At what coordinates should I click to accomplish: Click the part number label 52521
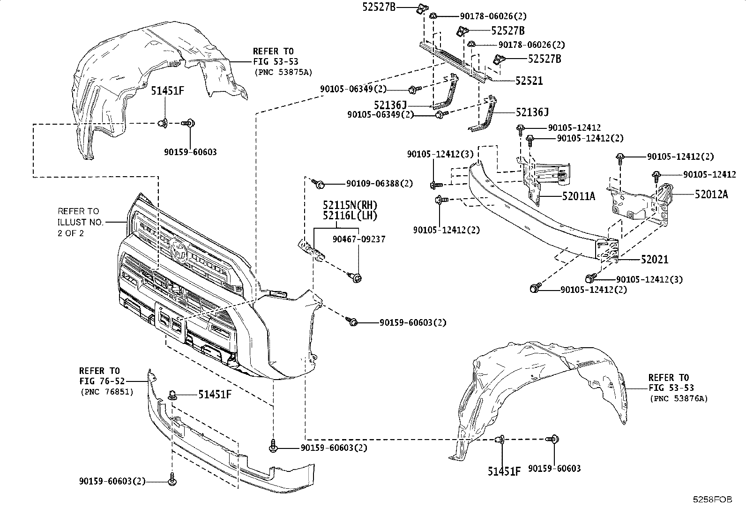point(529,81)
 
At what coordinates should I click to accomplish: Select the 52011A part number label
point(579,196)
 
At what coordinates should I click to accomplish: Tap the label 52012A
point(711,194)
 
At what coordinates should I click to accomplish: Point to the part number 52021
point(655,260)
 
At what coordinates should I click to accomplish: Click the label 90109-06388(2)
point(380,184)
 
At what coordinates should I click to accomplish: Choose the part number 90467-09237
point(359,239)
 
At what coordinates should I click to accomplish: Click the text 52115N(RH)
point(350,205)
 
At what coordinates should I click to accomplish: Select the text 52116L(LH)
point(350,216)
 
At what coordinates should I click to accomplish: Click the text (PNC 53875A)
point(283,72)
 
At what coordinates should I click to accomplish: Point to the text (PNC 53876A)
point(678,399)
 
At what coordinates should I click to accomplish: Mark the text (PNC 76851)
point(107,392)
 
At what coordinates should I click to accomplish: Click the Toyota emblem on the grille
point(178,250)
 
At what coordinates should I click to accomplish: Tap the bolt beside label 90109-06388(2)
point(320,184)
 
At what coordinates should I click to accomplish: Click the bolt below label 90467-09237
point(357,278)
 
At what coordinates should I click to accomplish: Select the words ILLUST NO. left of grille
point(80,222)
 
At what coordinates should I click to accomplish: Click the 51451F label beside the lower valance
point(215,395)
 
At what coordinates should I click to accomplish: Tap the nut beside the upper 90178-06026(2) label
point(433,16)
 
